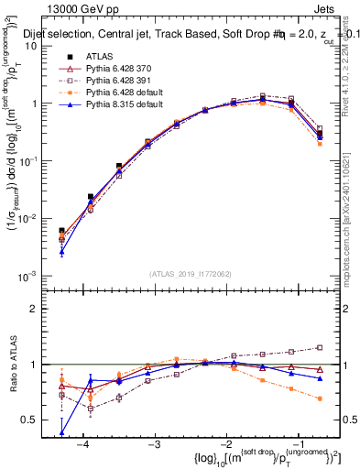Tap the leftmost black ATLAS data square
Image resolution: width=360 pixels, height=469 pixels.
(x=61, y=231)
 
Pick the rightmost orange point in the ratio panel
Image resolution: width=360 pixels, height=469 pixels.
(x=320, y=398)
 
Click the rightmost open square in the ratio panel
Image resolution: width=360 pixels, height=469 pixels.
(x=320, y=347)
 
